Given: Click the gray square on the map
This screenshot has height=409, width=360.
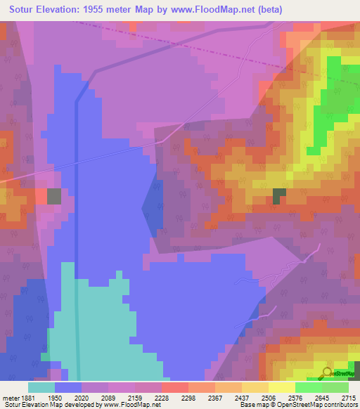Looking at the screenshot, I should click(x=54, y=196).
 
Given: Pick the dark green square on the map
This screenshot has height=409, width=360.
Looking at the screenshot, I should click(x=280, y=196).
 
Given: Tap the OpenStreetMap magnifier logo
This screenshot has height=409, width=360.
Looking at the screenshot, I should click(x=327, y=372).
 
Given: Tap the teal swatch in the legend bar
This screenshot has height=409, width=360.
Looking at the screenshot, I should click(x=41, y=387).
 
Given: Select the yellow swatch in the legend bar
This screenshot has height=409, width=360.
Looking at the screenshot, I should click(x=281, y=387).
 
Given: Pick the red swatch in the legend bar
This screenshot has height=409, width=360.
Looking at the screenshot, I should click(x=174, y=387).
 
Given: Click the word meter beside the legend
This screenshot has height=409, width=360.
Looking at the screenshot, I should click(x=9, y=397).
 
